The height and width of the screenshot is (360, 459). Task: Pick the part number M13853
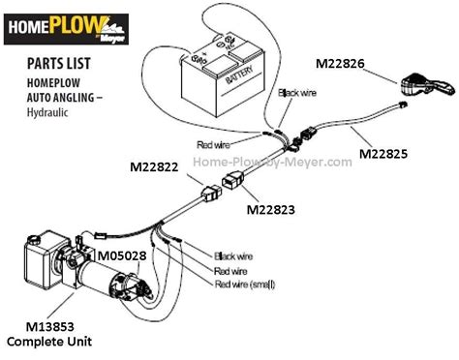(41, 327)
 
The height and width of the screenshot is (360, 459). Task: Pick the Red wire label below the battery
(215, 145)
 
